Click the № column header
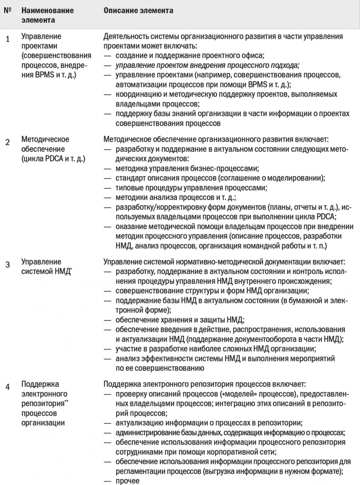tap(7, 10)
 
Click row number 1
tap(7, 39)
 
